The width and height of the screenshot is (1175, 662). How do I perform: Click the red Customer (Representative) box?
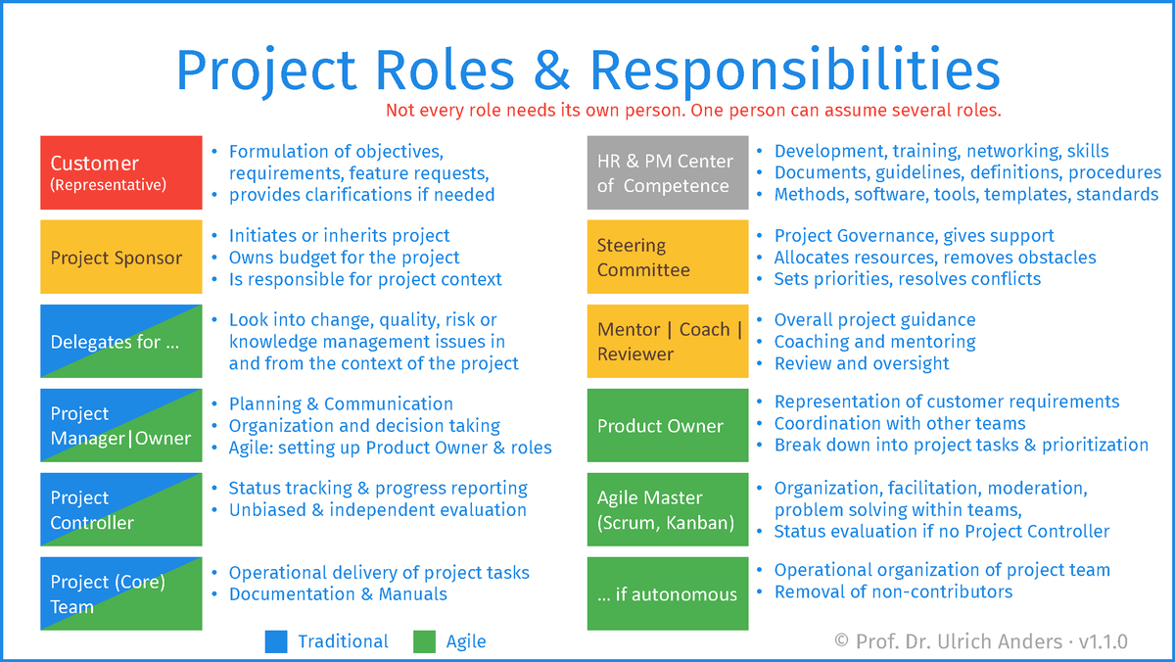coord(121,172)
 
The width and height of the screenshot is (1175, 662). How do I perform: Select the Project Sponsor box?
coord(121,257)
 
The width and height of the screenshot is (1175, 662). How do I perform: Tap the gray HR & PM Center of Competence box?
coord(668,172)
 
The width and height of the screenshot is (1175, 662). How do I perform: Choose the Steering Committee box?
coord(668,257)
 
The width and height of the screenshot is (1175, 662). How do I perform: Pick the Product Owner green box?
coord(668,425)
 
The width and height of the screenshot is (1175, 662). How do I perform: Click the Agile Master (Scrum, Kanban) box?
coord(668,509)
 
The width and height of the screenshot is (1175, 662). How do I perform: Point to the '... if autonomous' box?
coord(668,593)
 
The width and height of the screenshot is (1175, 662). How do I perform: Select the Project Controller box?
coord(121,509)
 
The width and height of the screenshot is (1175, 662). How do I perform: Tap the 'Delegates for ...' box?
coord(121,341)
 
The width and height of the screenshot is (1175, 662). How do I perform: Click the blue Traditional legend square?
coord(276,641)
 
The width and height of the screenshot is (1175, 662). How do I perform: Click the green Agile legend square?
coord(424,641)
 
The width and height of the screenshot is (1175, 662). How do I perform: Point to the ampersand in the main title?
coord(552,71)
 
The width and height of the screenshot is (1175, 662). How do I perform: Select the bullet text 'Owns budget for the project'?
coord(344,258)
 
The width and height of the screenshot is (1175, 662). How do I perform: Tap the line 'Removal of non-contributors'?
coord(893,591)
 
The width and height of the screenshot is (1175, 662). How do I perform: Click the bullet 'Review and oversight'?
coord(862,363)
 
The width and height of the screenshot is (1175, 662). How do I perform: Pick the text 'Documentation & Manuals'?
coord(339,593)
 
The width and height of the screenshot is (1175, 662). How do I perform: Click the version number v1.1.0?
coord(1104,641)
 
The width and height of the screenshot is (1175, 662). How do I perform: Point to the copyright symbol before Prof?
coord(841,641)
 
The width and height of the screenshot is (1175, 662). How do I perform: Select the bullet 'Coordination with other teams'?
coord(900,423)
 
